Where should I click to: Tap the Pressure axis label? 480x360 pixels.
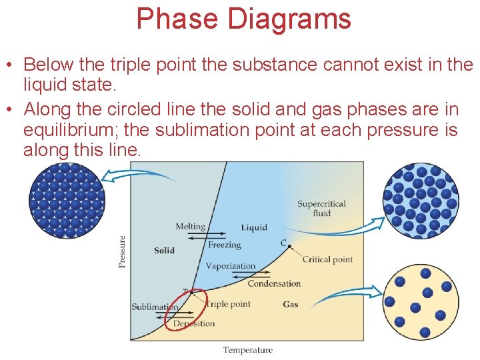tap(122, 251)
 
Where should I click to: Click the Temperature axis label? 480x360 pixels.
tap(247, 350)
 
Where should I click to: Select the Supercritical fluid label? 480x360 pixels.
tap(321, 208)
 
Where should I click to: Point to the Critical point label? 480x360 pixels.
tap(327, 259)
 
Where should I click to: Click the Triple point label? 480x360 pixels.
tap(228, 304)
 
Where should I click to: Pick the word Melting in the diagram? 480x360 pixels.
tap(190, 227)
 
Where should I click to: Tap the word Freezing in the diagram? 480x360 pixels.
tap(224, 245)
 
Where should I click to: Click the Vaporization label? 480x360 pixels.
tap(230, 266)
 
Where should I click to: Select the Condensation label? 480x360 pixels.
tap(274, 283)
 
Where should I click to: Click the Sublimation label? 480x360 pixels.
tap(155, 307)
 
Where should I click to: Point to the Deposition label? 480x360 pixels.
tap(194, 323)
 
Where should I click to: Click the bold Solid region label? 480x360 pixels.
tap(164, 250)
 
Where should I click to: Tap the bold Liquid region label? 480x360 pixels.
tap(254, 227)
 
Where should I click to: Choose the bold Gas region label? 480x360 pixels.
tap(290, 305)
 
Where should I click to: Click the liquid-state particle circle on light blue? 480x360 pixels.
tap(420, 201)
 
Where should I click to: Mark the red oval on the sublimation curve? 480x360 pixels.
tap(188, 309)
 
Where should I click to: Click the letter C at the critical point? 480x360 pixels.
tap(283, 243)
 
